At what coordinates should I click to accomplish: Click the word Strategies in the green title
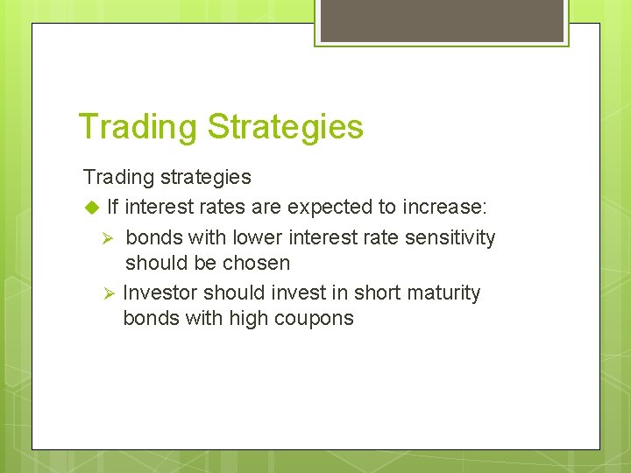click(x=285, y=127)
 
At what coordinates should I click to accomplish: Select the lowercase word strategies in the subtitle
click(x=206, y=177)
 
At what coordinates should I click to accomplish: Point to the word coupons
click(x=315, y=318)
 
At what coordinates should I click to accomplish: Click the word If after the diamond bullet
click(x=112, y=208)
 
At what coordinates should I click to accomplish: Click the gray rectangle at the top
click(x=442, y=20)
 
